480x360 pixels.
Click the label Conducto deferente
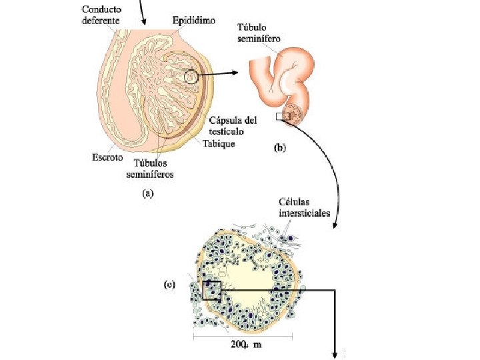(x=101, y=15)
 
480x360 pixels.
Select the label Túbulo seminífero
(x=259, y=33)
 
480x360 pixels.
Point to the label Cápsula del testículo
(x=233, y=126)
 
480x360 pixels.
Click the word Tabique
(x=219, y=143)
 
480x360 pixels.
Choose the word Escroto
(x=107, y=158)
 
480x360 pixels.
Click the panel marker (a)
(x=147, y=194)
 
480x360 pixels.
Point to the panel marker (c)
(x=171, y=285)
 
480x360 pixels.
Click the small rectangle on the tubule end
(x=283, y=117)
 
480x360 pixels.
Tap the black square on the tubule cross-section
(x=211, y=290)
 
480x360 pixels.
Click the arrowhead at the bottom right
(x=335, y=354)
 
